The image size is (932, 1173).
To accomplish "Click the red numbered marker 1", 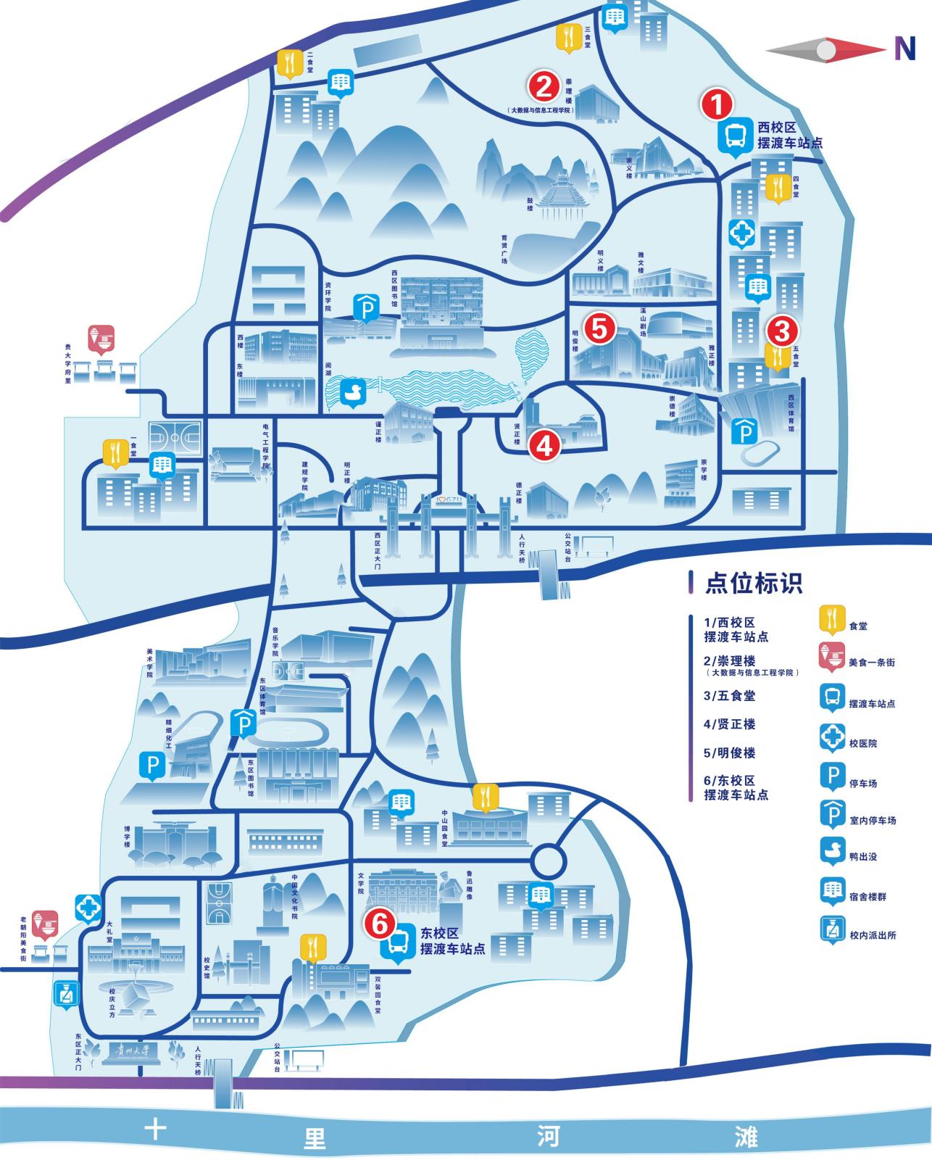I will (716, 105).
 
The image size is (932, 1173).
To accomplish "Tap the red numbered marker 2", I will (544, 86).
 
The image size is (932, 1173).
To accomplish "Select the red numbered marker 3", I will (782, 331).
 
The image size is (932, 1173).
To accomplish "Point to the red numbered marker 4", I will (544, 445).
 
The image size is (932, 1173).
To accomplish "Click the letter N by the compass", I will (904, 48).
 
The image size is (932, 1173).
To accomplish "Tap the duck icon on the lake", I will (356, 391).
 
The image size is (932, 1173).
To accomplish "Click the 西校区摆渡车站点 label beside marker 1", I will (789, 135).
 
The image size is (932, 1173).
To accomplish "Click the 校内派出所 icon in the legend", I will (832, 929).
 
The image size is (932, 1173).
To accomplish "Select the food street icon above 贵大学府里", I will (101, 338).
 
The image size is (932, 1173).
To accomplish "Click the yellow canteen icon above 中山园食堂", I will (484, 796).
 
